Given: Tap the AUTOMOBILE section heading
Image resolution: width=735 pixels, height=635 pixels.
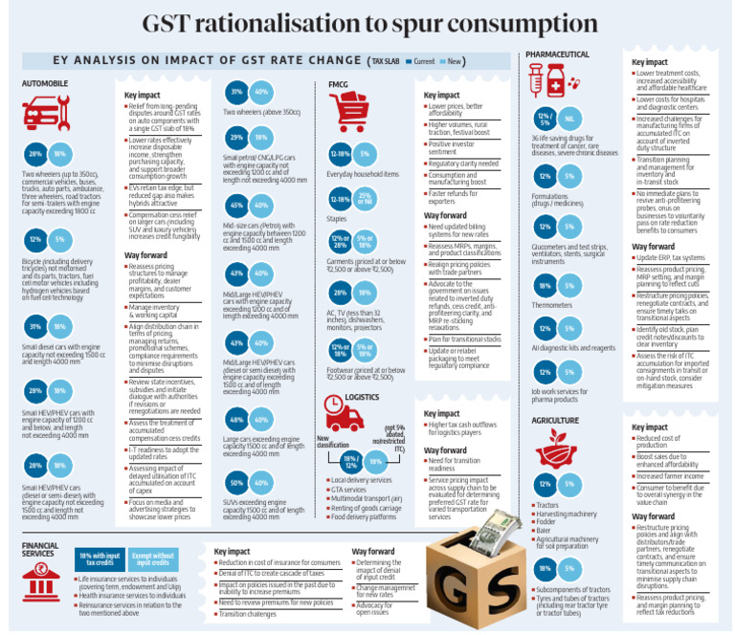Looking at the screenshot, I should tap(45, 83).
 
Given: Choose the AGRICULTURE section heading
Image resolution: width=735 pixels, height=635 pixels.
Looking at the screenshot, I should tap(552, 419).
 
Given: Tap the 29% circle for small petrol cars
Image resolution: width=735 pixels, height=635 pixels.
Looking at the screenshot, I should tap(235, 139).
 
